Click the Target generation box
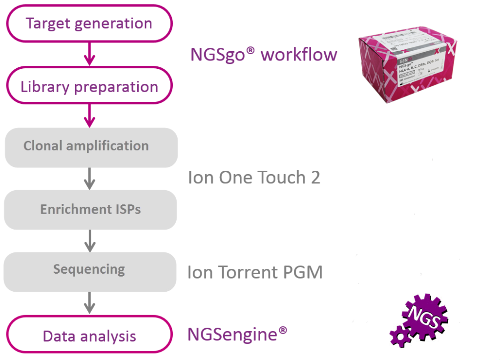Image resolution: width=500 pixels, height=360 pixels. coord(89,23)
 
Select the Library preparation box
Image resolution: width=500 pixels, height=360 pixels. coord(89,86)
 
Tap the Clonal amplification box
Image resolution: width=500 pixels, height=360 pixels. coord(91,146)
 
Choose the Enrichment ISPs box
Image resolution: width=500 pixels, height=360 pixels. coord(90,210)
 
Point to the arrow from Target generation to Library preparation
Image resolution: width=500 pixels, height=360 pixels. coord(89,53)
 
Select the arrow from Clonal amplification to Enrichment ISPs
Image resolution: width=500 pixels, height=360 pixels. coord(89,178)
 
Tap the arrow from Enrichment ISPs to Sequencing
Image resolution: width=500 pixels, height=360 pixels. coord(89,240)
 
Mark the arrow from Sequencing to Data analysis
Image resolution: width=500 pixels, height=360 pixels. coord(89,302)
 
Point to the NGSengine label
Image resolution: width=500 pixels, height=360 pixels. coord(237,334)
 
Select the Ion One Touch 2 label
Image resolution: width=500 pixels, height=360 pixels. coord(254,178)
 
